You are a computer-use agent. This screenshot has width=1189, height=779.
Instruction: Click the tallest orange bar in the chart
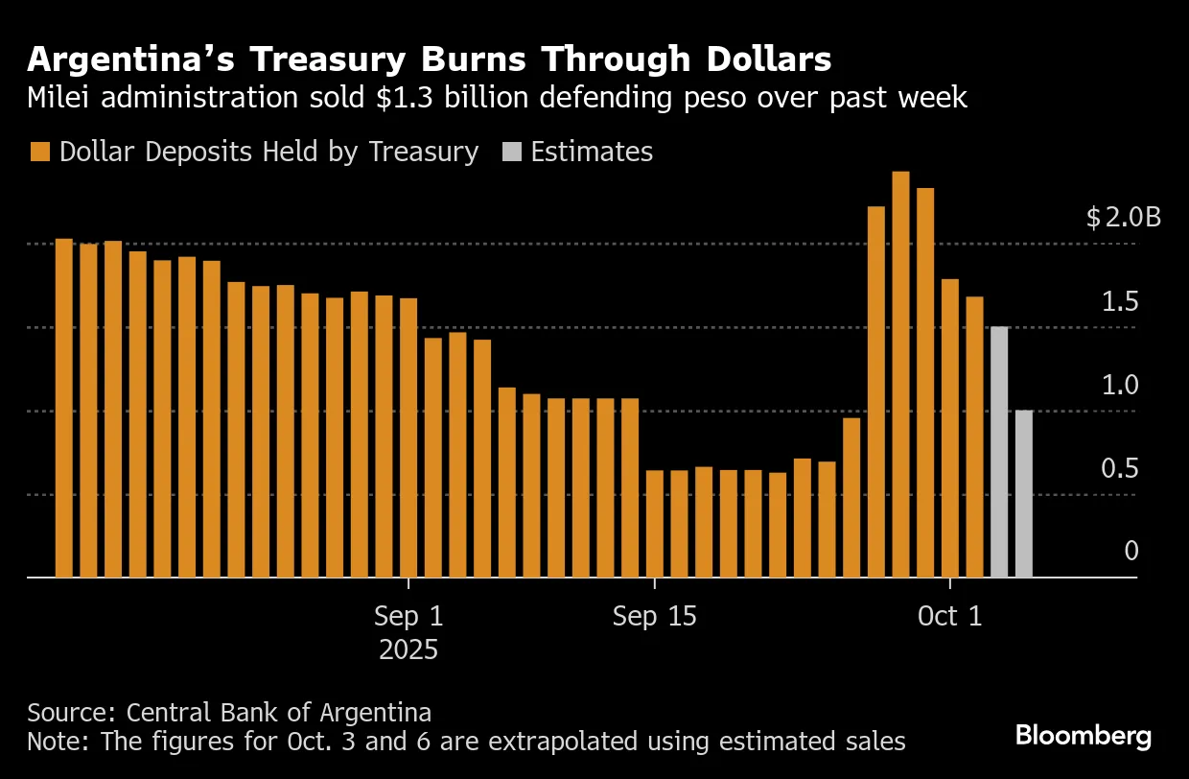click(x=900, y=374)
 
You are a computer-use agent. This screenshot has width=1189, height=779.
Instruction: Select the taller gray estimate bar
click(x=999, y=452)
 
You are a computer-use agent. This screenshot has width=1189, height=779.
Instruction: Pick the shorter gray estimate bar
click(x=1023, y=494)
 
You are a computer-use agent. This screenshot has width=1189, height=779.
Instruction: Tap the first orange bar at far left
click(x=64, y=408)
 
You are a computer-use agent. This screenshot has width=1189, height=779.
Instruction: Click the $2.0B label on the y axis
click(x=1123, y=218)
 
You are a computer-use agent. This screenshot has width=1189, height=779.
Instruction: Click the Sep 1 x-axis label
click(x=409, y=616)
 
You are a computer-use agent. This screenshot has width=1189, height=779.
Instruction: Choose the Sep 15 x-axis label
click(x=654, y=616)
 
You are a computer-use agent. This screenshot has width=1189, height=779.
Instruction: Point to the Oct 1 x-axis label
click(x=949, y=616)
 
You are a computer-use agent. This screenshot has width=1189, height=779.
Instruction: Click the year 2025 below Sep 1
click(x=408, y=649)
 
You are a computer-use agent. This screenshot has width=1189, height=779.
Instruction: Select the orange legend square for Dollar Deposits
click(x=39, y=153)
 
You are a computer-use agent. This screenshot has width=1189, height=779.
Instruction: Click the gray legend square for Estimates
click(x=512, y=153)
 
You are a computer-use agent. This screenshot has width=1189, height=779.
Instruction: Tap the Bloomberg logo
click(x=1084, y=737)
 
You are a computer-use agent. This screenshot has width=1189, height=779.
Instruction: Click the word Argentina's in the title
click(x=132, y=60)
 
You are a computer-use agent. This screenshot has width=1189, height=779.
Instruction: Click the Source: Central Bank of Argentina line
click(x=229, y=713)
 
